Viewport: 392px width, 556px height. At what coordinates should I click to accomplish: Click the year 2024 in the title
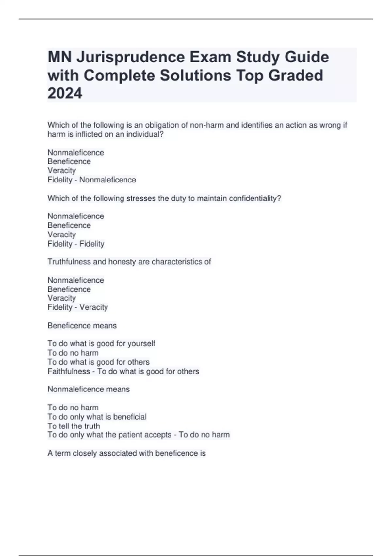click(65, 94)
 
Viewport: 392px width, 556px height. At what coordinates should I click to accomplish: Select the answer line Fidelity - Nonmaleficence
click(91, 180)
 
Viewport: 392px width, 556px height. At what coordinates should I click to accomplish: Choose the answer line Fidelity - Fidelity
click(76, 244)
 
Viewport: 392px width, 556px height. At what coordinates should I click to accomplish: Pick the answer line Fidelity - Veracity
click(77, 307)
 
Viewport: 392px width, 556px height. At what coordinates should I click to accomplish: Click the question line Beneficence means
click(82, 325)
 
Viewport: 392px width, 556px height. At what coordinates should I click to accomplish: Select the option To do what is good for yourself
click(101, 343)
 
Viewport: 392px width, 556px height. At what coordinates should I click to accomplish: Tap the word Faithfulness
click(69, 371)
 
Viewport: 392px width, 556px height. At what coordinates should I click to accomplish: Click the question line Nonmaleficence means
click(89, 389)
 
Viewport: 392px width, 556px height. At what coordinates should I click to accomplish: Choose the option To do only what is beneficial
click(97, 417)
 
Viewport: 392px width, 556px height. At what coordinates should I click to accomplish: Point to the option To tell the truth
click(74, 426)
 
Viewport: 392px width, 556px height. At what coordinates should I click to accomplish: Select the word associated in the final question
click(118, 453)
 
